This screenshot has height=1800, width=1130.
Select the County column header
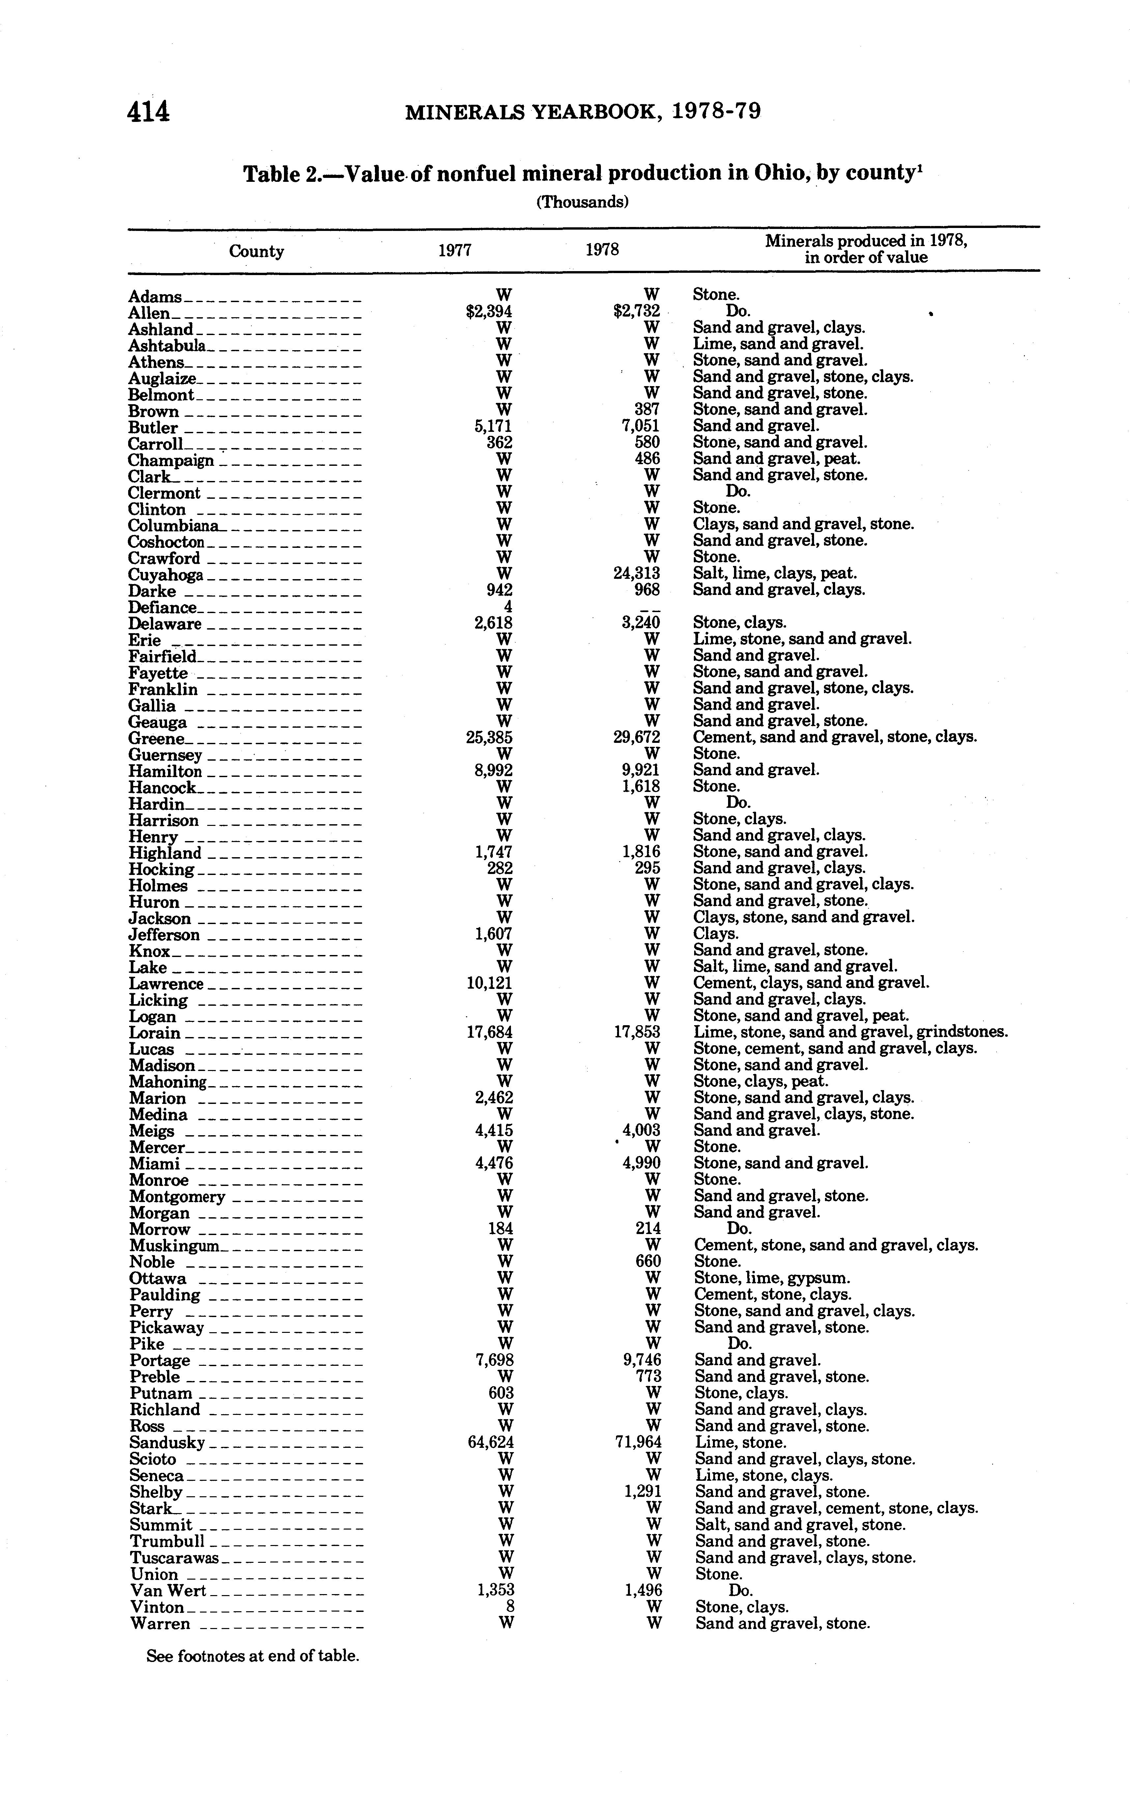(256, 251)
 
